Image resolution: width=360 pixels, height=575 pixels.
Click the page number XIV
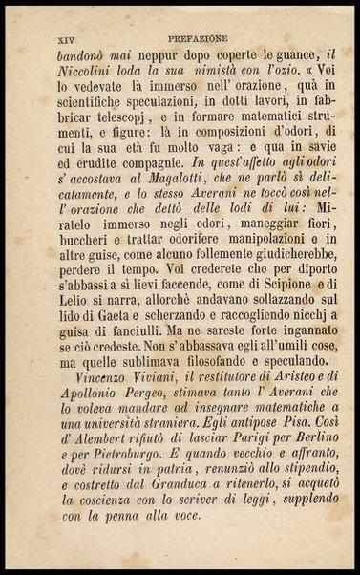coord(56,40)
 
